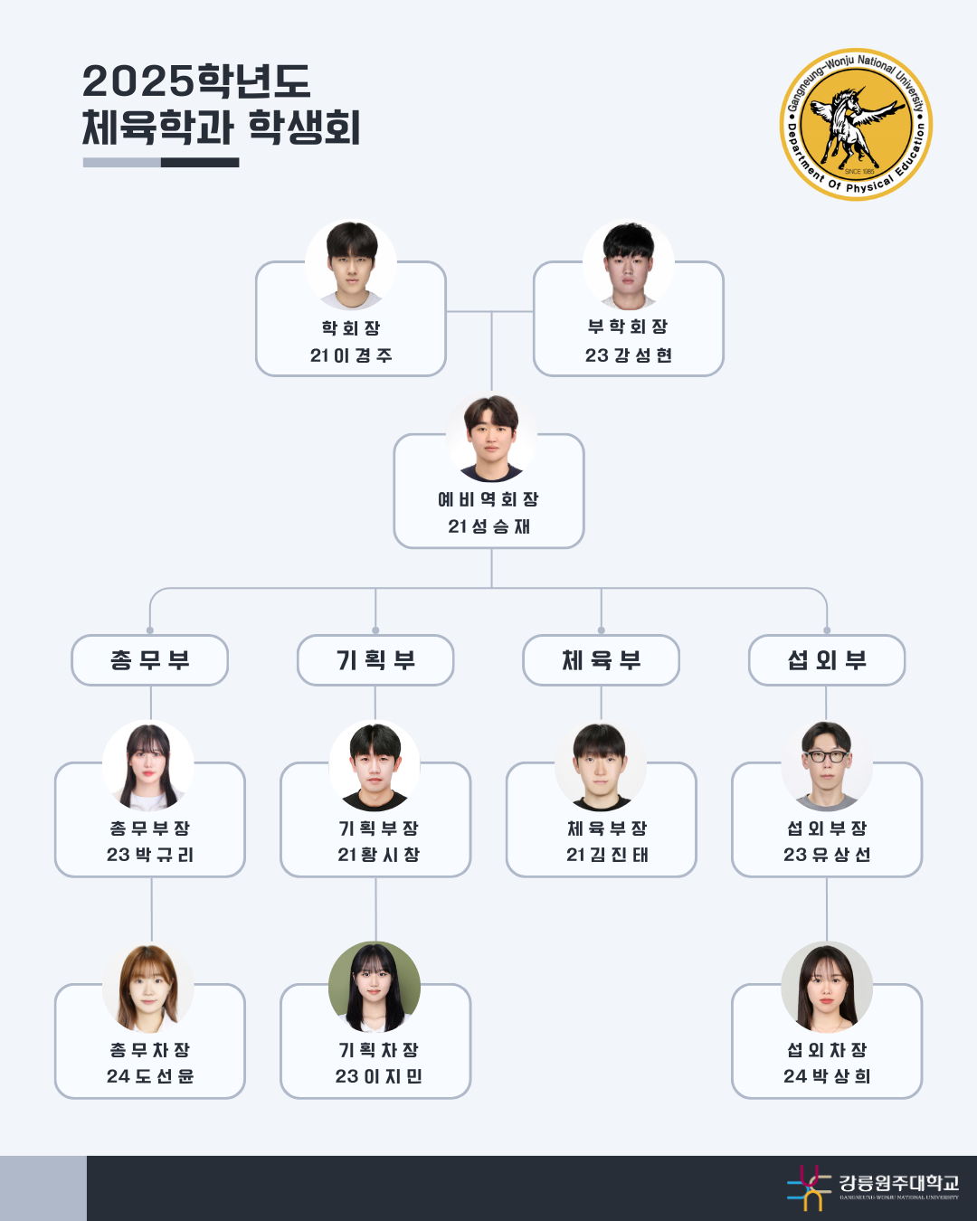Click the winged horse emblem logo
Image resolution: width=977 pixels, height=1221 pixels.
pyautogui.click(x=856, y=124)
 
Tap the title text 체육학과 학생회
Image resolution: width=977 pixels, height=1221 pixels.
pyautogui.click(x=222, y=128)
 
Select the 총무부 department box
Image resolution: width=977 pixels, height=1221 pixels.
pyautogui.click(x=150, y=660)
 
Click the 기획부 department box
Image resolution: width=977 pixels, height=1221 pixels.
pyautogui.click(x=375, y=660)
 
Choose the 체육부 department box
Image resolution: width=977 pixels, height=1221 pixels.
pyautogui.click(x=601, y=660)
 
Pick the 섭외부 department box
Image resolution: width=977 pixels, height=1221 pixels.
pyautogui.click(x=827, y=660)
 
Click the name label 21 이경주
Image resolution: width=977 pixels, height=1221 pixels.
pyautogui.click(x=351, y=355)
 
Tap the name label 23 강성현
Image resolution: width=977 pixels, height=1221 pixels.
pyautogui.click(x=629, y=355)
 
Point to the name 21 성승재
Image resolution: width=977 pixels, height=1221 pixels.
pyautogui.click(x=488, y=526)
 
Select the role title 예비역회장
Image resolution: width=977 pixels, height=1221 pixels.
pyautogui.click(x=488, y=499)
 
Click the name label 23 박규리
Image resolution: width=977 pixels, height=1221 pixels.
pyautogui.click(x=150, y=855)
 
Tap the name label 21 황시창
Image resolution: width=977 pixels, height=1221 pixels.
pyautogui.click(x=378, y=855)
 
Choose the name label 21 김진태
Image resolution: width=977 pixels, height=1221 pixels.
pyautogui.click(x=607, y=855)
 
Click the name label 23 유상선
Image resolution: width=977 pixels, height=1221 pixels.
pyautogui.click(x=827, y=855)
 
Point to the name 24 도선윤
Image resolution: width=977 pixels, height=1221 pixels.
pyautogui.click(x=150, y=1076)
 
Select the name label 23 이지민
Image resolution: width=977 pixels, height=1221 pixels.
pyautogui.click(x=378, y=1076)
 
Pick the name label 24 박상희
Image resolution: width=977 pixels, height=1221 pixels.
pyautogui.click(x=827, y=1076)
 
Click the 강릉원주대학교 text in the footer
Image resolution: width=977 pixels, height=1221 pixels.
pyautogui.click(x=897, y=1182)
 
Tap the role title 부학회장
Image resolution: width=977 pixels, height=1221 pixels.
pyautogui.click(x=629, y=327)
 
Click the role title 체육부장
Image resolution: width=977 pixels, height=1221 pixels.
pyautogui.click(x=607, y=828)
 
